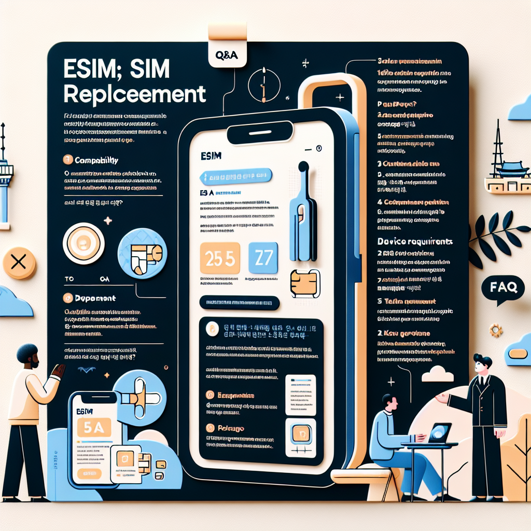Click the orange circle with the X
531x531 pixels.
pyautogui.click(x=19, y=263)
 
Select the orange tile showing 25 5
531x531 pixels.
pyautogui.click(x=219, y=258)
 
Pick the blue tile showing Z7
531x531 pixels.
pyautogui.click(x=263, y=258)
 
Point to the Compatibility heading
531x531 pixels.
pyautogui.click(x=95, y=161)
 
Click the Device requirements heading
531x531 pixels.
pyautogui.click(x=414, y=242)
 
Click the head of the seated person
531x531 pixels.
pyautogui.click(x=388, y=402)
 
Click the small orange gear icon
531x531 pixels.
pyautogui.click(x=496, y=329)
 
